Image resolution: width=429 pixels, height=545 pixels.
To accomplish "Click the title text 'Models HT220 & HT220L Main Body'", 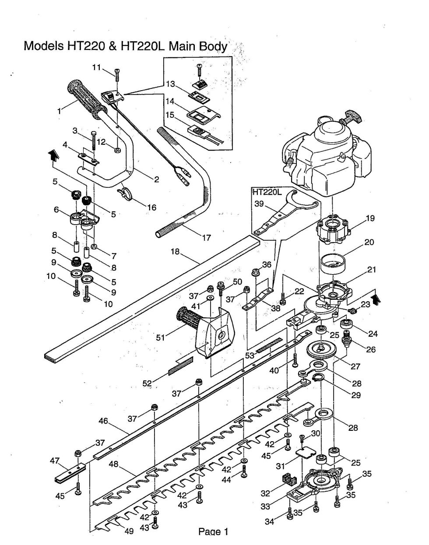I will pos(125,46).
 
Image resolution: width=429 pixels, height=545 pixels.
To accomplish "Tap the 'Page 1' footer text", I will pos(213,532).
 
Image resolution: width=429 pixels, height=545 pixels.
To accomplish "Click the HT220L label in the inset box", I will pos(266,192).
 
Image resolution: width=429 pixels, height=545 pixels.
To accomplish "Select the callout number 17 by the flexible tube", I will pos(206,238).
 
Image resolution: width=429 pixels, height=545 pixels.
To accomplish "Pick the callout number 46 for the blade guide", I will pos(103,422).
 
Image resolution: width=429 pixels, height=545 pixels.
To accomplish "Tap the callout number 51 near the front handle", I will pos(162,338).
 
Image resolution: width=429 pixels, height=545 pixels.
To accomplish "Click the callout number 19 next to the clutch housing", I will pos(370,218).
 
